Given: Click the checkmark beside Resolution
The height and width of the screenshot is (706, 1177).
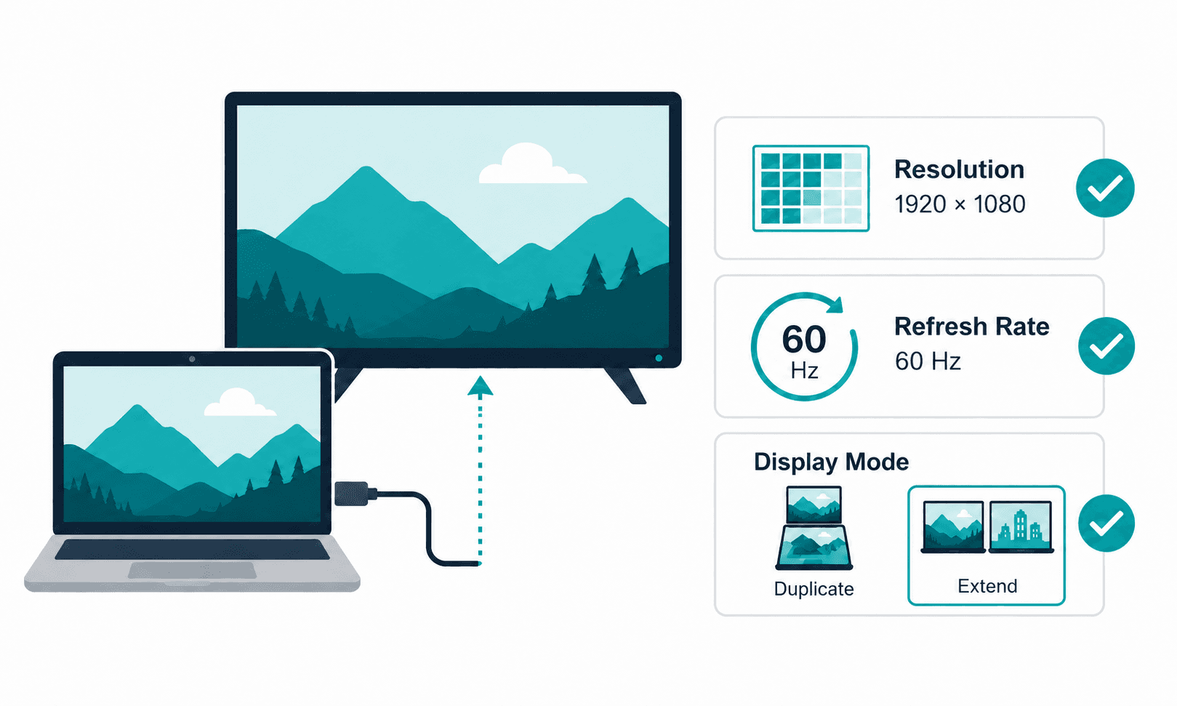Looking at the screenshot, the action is coord(1104,188).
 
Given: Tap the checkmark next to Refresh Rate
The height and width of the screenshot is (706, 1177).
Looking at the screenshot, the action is coord(1106,346).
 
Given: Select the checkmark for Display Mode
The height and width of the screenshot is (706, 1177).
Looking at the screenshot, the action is coord(1106,523).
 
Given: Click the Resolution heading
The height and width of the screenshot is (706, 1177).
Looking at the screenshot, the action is coord(959,170).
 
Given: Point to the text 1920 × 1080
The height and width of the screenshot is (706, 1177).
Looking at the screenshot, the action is coord(960,204).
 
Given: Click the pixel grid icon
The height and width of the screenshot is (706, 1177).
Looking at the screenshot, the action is coord(811,188).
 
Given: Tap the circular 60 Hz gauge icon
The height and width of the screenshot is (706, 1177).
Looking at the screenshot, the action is coord(804,347).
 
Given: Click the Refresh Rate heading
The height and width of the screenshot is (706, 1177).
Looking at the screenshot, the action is coord(971,326).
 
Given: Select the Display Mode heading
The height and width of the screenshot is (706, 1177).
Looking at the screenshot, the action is coord(831,462).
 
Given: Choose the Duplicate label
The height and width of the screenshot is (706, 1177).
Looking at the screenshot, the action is coord(814,589).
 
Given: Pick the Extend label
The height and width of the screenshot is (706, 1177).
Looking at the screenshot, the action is coord(987,585).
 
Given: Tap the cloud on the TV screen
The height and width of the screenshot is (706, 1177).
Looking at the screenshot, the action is coord(532,164).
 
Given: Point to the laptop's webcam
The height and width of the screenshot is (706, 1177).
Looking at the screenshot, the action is coord(192,359).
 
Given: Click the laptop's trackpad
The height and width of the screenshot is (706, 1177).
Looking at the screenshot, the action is coord(193,570).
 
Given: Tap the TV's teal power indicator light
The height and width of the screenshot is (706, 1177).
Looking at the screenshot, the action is coord(659,358).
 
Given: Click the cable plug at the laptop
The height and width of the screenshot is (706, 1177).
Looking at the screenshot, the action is coord(355,494).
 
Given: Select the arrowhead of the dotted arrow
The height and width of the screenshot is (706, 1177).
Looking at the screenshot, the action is coord(481,385).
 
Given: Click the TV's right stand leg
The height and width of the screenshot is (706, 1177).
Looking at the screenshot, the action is coord(625,385).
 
